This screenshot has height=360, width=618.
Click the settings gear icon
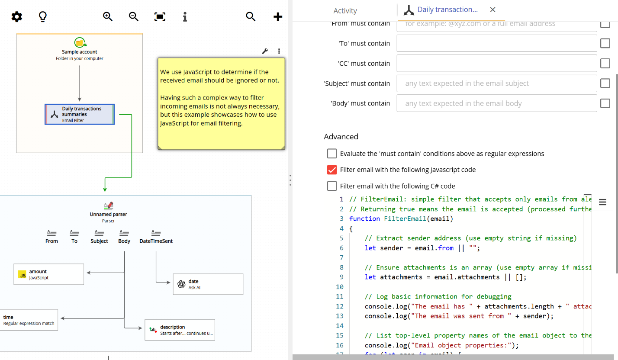click(16, 17)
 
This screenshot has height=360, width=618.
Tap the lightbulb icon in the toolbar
click(42, 16)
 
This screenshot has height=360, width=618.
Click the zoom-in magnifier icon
click(108, 16)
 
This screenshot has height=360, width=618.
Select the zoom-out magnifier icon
click(134, 16)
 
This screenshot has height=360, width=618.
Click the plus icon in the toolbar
click(278, 17)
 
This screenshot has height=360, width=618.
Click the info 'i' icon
click(185, 16)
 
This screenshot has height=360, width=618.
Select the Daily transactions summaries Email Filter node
click(80, 114)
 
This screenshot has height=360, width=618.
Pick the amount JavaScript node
click(48, 274)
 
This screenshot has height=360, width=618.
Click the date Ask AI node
click(208, 284)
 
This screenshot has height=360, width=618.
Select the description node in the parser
click(180, 330)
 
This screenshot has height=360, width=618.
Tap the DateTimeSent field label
click(156, 241)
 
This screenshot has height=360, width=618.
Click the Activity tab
click(345, 11)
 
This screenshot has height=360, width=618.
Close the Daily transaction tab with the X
click(492, 10)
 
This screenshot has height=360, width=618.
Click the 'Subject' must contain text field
click(496, 84)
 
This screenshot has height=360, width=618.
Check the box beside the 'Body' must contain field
click(605, 103)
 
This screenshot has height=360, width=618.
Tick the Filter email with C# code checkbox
click(332, 186)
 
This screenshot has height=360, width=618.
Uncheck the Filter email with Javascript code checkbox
click(332, 170)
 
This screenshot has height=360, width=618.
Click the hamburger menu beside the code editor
click(602, 202)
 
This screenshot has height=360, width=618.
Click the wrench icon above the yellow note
click(265, 51)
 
